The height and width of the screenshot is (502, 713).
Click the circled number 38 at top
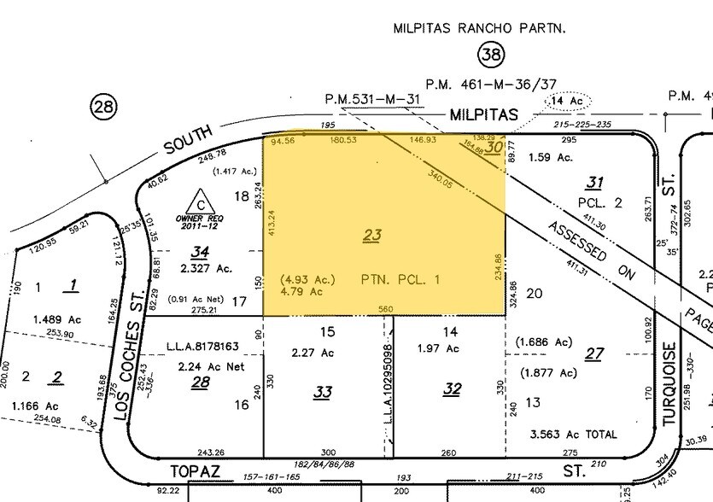[490, 56]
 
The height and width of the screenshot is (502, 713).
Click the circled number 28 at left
[103, 108]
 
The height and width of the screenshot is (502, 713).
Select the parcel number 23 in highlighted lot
[371, 236]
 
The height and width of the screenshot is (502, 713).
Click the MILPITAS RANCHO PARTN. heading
[480, 27]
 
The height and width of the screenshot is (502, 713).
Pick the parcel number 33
[322, 392]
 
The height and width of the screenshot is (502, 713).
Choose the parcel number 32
[452, 389]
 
